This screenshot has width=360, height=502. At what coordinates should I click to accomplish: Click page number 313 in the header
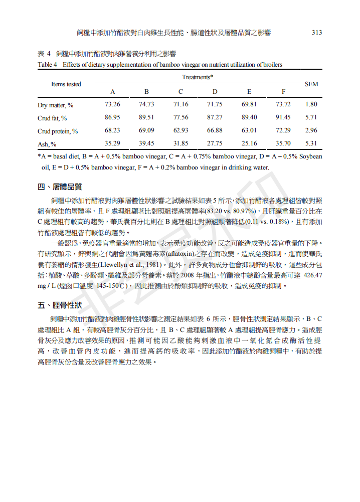pos(316,33)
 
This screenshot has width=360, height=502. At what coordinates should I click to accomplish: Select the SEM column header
pos(311,84)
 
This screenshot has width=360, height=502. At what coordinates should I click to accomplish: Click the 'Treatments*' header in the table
pos(198,77)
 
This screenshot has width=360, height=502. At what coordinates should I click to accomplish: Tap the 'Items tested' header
pos(66,84)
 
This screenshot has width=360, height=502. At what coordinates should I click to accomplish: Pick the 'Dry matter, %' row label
pos(55,105)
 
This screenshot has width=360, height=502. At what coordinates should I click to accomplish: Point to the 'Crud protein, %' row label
pos(58,131)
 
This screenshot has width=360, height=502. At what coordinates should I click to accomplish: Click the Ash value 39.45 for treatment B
pos(146,144)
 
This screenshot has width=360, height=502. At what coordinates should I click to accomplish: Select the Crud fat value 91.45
pos(283,118)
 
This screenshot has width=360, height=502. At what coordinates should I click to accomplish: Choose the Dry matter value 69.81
pos(249,105)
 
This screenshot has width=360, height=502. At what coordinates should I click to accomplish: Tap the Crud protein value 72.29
pos(283,131)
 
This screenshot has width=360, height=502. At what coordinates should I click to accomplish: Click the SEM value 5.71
pos(311,118)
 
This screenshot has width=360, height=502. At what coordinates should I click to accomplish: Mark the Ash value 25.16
pos(249,144)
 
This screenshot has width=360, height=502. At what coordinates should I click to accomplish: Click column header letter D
pos(215,92)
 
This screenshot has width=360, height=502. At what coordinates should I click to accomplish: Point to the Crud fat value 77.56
pos(181,118)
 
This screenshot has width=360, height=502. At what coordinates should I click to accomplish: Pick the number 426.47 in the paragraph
pos(313,276)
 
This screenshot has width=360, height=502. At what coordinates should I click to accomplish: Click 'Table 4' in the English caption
pos(48,64)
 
